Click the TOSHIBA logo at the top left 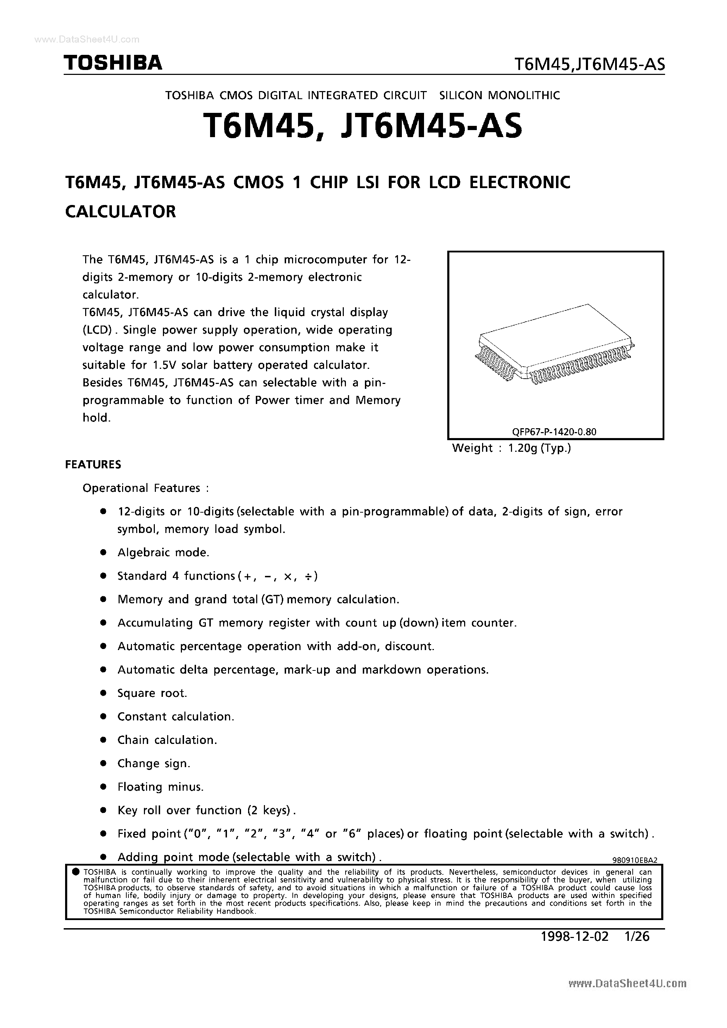113,63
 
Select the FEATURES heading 93,464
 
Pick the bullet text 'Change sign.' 154,763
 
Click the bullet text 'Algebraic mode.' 163,553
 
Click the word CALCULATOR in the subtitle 121,211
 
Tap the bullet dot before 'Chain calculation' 103,740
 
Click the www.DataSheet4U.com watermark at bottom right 627,996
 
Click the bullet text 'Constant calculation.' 176,717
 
